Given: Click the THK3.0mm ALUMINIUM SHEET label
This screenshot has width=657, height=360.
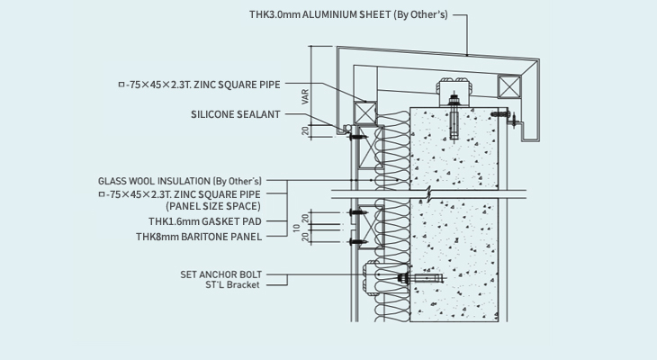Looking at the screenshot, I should [x=346, y=15].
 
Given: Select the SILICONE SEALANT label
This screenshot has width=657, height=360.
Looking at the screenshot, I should [x=235, y=114].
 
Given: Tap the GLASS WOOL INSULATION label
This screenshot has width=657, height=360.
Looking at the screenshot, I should [x=180, y=181].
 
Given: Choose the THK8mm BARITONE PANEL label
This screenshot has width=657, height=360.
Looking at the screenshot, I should [x=199, y=238].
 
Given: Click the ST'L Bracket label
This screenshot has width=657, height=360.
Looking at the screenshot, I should [x=232, y=285].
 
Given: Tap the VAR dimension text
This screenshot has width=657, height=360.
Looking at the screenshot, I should [x=306, y=96].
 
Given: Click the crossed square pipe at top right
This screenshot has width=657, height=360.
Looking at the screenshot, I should [x=509, y=86].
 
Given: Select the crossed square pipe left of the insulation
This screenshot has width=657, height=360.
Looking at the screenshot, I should [x=365, y=112].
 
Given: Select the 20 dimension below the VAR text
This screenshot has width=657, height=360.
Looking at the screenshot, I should [x=306, y=130].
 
